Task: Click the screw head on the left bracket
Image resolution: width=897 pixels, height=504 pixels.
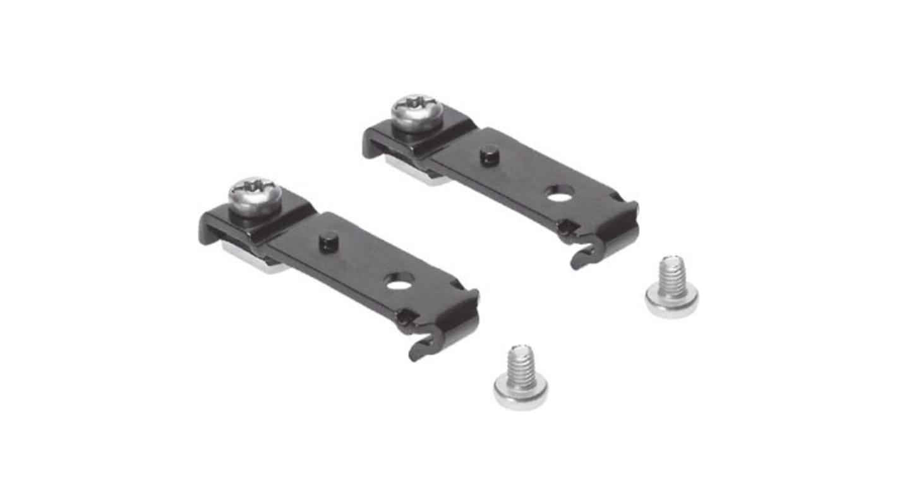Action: pos(255,196)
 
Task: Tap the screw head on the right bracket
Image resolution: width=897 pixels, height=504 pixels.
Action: pos(417,112)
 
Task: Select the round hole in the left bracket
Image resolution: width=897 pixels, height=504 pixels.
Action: pos(398,284)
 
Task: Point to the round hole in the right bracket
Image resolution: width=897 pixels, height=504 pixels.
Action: pos(557,196)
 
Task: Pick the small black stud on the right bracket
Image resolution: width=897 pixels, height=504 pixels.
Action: pos(488,155)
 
